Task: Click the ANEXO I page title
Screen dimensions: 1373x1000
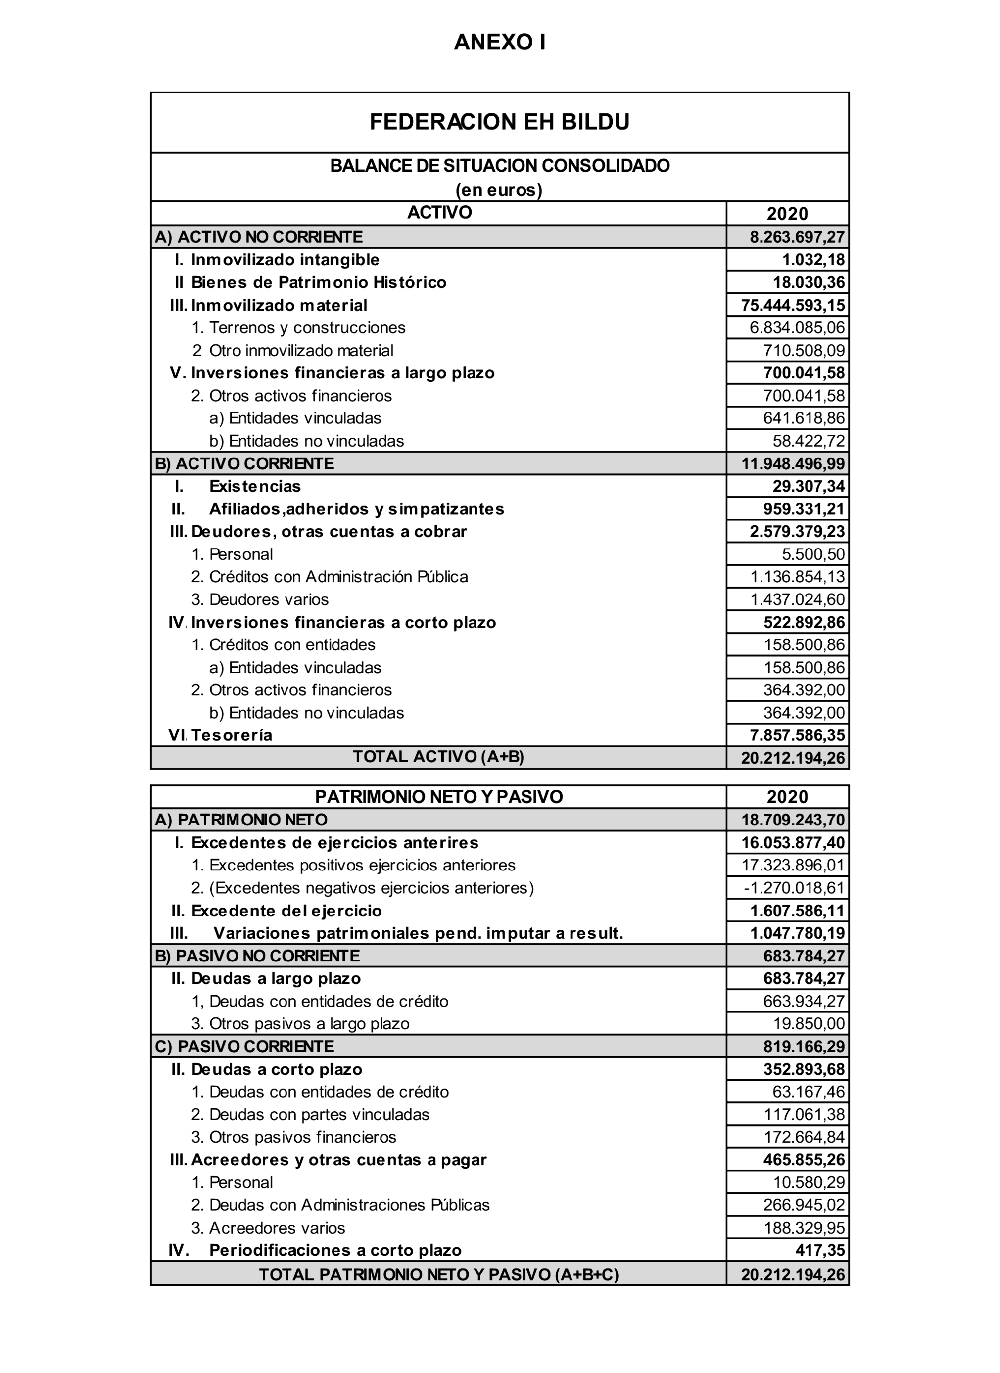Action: point(500,42)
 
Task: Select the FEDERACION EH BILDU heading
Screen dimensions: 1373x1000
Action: point(500,122)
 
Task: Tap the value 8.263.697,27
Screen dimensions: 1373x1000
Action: point(797,237)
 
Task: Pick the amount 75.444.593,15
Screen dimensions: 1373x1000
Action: point(793,305)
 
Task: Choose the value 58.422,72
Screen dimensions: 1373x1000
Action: point(809,441)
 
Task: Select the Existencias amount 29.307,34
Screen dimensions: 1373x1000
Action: point(809,486)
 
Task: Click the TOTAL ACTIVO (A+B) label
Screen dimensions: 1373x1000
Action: point(438,757)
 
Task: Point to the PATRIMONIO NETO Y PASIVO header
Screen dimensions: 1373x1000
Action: point(438,797)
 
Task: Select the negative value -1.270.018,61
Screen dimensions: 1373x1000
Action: point(794,888)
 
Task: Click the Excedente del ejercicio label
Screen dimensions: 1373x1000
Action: point(286,911)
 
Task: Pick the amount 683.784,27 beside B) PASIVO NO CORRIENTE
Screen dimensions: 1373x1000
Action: point(804,956)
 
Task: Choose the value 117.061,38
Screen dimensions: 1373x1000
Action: point(804,1114)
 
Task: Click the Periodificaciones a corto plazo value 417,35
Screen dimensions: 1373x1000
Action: point(820,1250)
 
